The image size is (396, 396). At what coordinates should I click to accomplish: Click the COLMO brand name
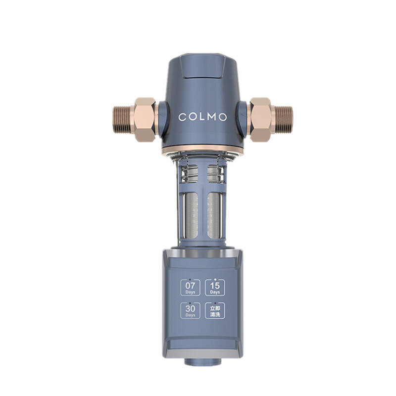point(202,117)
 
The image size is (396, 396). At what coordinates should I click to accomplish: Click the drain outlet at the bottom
point(203,361)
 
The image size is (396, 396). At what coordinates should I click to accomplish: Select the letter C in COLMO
point(182,117)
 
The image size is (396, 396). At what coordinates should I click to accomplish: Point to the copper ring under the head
point(203,148)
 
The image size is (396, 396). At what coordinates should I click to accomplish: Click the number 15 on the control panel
point(215,286)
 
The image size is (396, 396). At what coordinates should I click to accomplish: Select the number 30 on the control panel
point(191,308)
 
